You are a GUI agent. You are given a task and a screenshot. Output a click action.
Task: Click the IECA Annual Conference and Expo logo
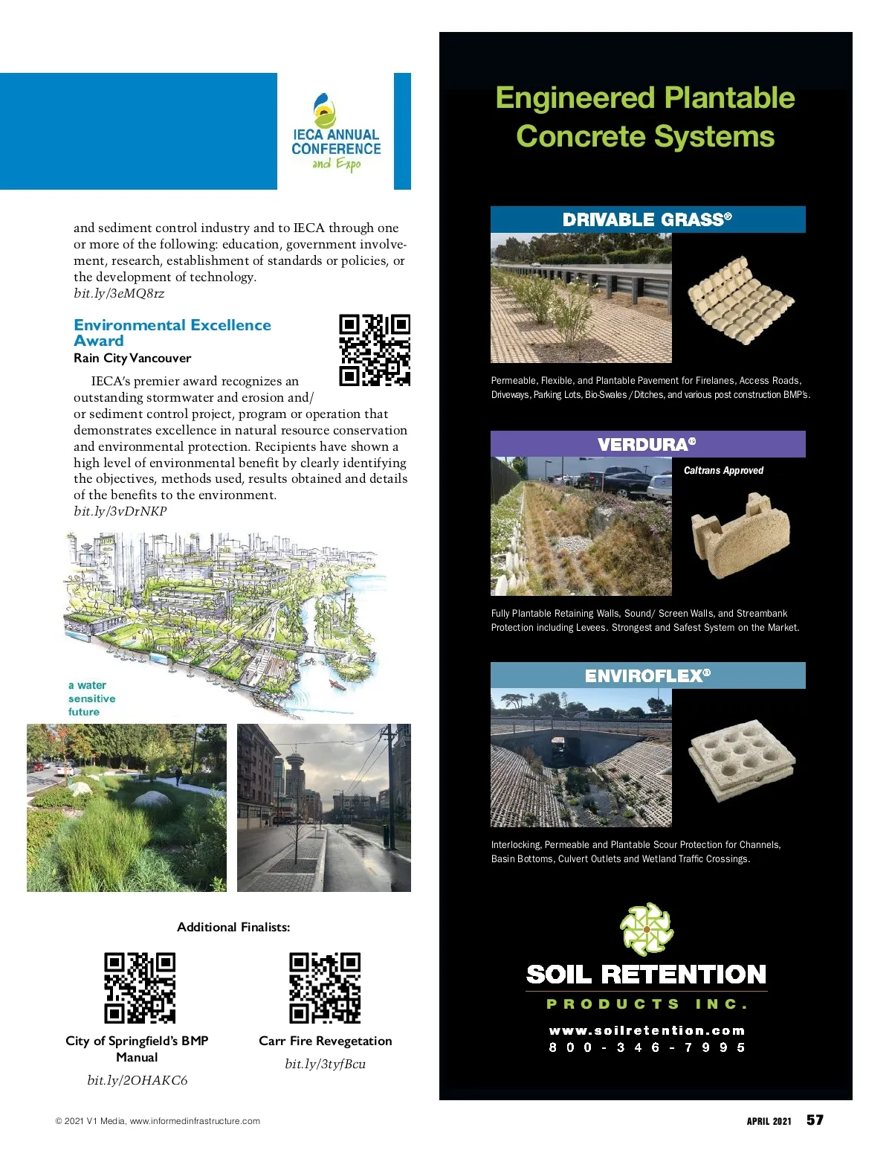point(335,132)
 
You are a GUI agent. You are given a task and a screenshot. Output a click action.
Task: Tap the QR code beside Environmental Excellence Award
point(375,350)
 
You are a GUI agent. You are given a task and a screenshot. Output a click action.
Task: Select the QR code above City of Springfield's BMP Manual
point(140,988)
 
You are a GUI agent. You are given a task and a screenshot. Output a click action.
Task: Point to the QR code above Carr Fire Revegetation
point(325,988)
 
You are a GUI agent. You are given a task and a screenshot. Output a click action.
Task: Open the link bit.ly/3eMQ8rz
point(119,293)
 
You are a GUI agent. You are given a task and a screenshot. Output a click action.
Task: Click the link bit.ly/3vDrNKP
point(120,511)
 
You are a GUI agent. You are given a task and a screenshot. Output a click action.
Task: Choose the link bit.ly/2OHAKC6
point(138,1080)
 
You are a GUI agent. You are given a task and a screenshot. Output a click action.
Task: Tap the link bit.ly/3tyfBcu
point(325,1064)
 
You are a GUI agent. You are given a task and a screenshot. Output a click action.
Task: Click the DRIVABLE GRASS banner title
point(647,219)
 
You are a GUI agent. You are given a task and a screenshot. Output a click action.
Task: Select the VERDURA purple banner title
point(647,444)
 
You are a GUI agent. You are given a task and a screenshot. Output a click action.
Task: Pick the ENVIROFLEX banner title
point(647,675)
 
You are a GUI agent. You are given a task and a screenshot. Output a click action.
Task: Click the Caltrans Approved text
point(723,470)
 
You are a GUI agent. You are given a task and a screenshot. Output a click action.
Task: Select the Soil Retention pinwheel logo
point(646,929)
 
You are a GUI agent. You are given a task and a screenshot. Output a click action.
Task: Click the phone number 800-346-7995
point(647,1047)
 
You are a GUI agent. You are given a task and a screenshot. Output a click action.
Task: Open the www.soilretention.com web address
point(647,1030)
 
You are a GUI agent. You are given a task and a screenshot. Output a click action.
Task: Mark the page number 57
point(815,1120)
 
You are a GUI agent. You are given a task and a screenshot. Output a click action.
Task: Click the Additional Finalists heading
point(233,927)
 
